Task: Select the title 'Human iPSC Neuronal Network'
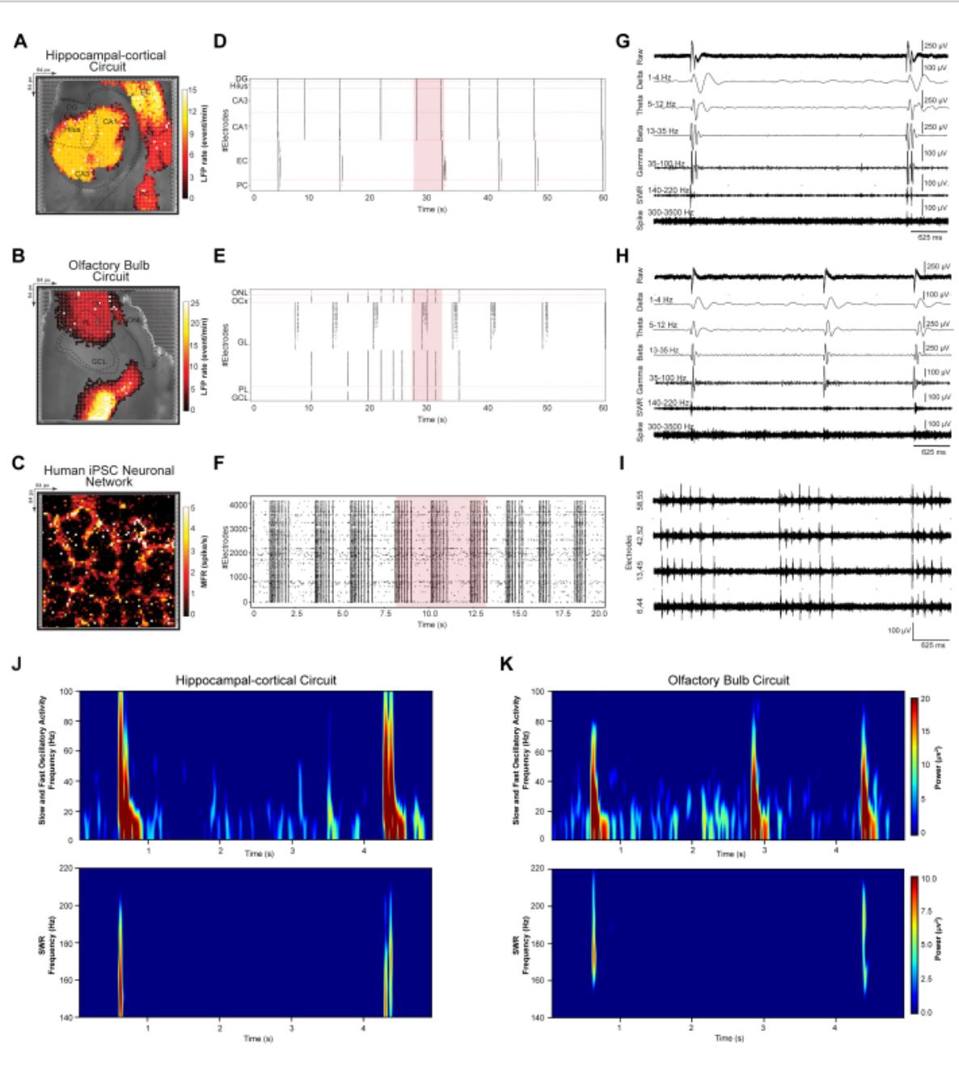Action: [x=108, y=475]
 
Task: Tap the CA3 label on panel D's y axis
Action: [x=240, y=100]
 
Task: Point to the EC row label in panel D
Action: [x=242, y=161]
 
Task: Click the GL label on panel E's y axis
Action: [x=243, y=342]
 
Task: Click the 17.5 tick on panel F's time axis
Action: [x=552, y=614]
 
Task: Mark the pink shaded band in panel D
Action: [x=428, y=134]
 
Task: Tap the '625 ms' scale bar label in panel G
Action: [x=929, y=238]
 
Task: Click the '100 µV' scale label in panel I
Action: [x=899, y=630]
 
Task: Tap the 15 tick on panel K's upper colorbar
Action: [x=925, y=731]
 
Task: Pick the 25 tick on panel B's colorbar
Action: [x=194, y=303]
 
